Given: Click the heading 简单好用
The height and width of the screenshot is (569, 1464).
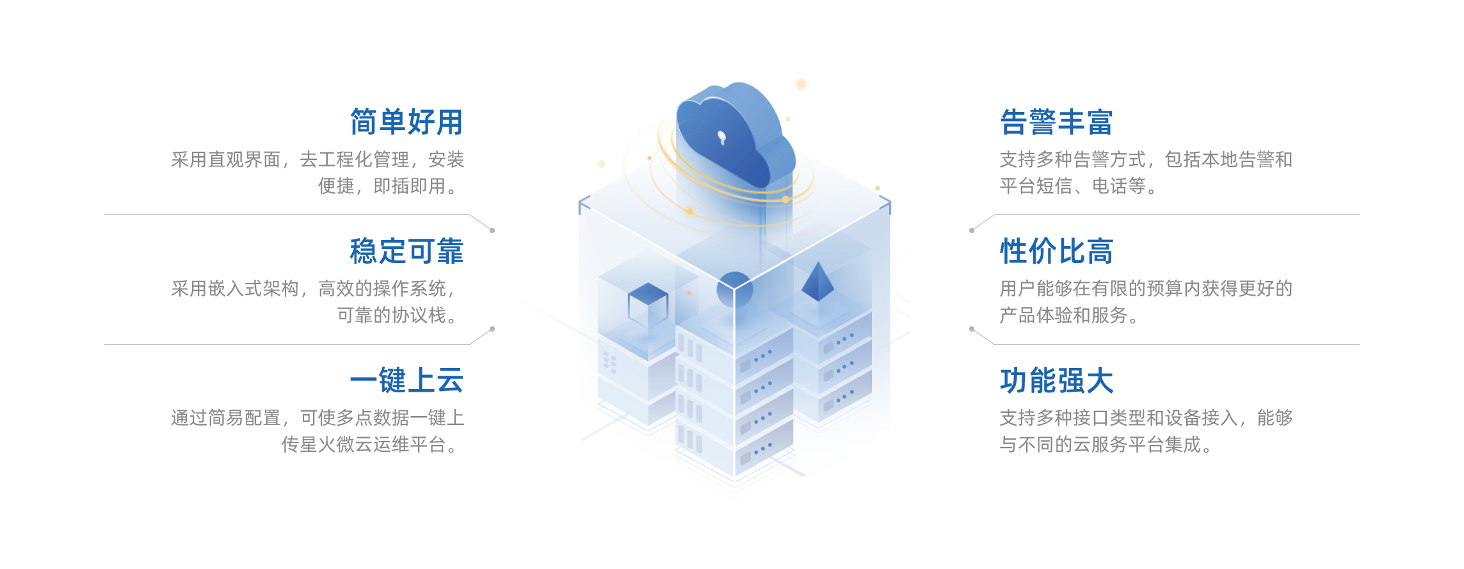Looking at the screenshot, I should pos(406,122).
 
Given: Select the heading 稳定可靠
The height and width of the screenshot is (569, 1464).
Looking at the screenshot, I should pos(406,252).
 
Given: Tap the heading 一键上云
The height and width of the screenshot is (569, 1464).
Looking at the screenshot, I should pos(406,381).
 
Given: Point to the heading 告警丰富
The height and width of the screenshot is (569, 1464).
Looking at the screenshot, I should pos(1056,122).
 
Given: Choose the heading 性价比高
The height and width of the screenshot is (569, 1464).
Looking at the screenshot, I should pos(1056,252).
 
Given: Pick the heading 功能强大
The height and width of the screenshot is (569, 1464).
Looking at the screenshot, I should pos(1056,381).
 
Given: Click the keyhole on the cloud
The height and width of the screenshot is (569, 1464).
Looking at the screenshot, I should pos(722,137).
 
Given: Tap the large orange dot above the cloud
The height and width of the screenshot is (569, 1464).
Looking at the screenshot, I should pos(801,84).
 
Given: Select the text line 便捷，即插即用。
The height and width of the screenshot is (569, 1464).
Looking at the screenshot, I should pos(390,186).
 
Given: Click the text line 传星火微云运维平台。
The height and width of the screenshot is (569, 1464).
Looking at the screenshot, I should pos(371,445).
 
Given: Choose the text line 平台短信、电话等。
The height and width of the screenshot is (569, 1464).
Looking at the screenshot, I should pos(1078,186).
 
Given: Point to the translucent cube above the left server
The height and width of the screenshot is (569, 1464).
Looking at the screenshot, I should pos(648,301).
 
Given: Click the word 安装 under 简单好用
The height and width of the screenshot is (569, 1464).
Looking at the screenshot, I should pos(446,159).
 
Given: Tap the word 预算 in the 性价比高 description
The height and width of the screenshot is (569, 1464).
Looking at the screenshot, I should pos(1164,289).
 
